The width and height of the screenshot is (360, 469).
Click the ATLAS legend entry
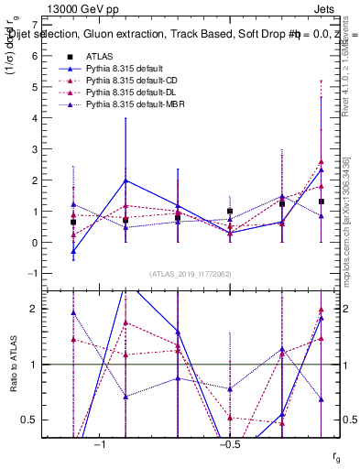99,57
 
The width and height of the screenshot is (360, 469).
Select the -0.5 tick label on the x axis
229,444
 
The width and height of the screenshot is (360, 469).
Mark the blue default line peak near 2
125,180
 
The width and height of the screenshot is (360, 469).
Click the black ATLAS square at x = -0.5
230,212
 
